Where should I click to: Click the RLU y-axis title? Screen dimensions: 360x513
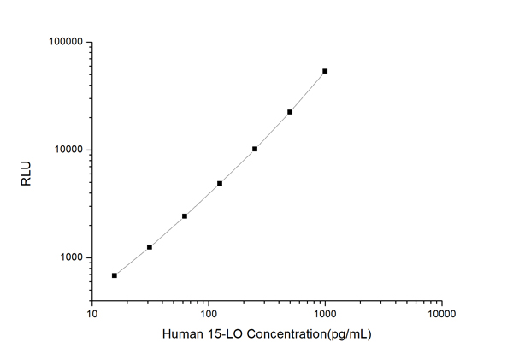pyautogui.click(x=26, y=171)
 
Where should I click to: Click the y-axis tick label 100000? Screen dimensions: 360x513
pyautogui.click(x=63, y=42)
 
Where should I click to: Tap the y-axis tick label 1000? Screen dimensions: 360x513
pyautogui.click(x=68, y=257)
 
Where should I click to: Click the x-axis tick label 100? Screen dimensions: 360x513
pyautogui.click(x=209, y=314)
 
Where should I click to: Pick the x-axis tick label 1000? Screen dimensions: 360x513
pyautogui.click(x=325, y=314)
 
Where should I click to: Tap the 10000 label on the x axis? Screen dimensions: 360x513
pyautogui.click(x=441, y=314)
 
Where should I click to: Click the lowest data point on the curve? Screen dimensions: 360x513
pyautogui.click(x=115, y=275)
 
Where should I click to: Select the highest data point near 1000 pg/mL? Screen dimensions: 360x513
pyautogui.click(x=325, y=71)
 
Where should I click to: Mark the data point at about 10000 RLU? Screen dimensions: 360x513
pyautogui.click(x=255, y=149)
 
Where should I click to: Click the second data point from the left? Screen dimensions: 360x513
pyautogui.click(x=150, y=247)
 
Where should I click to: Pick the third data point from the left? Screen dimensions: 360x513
pyautogui.click(x=185, y=216)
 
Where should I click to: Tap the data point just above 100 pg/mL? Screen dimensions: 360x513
pyautogui.click(x=220, y=183)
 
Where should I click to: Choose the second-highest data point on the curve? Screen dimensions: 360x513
pyautogui.click(x=290, y=112)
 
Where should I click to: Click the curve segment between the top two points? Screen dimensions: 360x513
pyautogui.click(x=308, y=91)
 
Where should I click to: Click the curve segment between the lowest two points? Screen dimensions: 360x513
pyautogui.click(x=133, y=262)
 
